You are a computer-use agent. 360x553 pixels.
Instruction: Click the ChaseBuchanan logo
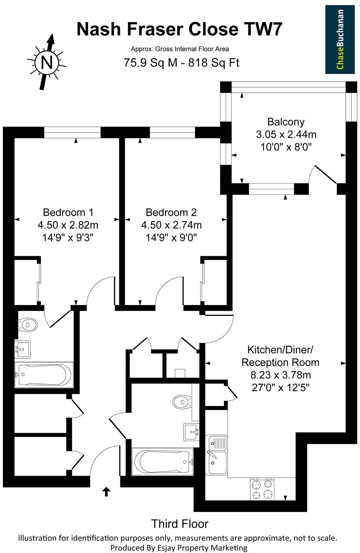(x=340, y=39)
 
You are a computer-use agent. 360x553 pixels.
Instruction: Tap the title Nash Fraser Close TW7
(x=180, y=29)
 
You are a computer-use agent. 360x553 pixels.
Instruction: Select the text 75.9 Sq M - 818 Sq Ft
(x=181, y=63)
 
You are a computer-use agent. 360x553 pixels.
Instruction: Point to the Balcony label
(x=286, y=122)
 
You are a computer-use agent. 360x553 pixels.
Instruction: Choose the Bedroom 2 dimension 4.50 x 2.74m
(x=171, y=225)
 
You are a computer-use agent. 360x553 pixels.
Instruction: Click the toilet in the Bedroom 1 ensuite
(x=28, y=324)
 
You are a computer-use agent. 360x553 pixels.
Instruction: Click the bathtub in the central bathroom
(x=163, y=462)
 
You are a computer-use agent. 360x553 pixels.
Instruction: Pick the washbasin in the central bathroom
(x=191, y=431)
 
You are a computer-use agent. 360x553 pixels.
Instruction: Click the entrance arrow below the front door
(x=106, y=492)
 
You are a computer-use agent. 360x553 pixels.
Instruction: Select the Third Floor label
(x=180, y=524)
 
